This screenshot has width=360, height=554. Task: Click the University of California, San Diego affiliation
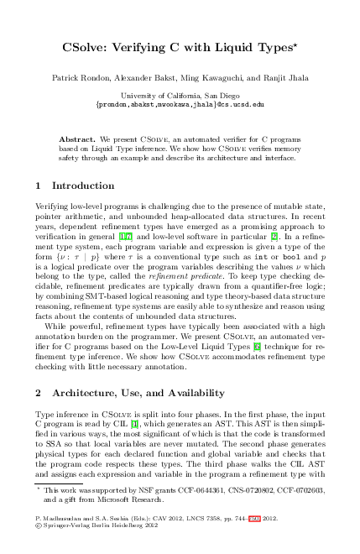[x=180, y=96]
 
